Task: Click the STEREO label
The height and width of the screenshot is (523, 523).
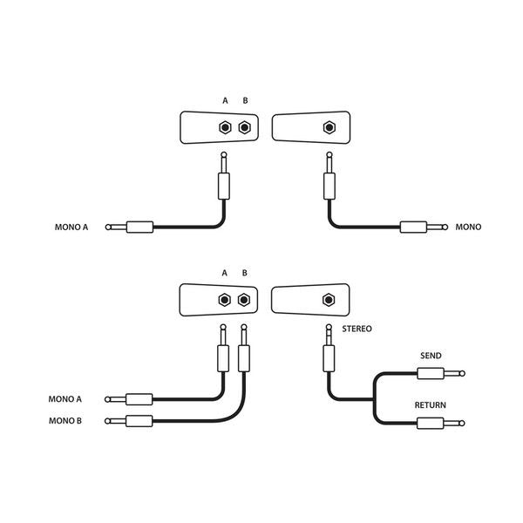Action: [x=357, y=329]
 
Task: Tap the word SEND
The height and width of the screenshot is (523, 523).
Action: [x=431, y=357]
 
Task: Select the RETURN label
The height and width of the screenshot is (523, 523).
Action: [x=431, y=405]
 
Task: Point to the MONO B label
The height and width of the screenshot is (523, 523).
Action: [x=66, y=422]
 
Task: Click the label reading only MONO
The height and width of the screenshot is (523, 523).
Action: [x=468, y=228]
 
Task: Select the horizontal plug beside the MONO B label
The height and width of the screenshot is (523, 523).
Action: [x=134, y=422]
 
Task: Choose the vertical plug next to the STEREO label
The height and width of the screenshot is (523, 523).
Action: [x=329, y=353]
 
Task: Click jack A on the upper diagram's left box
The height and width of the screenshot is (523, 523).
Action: [x=225, y=127]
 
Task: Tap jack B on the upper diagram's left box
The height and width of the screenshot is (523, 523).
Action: [x=245, y=127]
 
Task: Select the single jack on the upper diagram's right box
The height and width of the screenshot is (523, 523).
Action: [x=329, y=127]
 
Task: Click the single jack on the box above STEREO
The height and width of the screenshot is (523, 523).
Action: [x=329, y=300]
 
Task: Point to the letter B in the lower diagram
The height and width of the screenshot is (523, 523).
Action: [x=245, y=273]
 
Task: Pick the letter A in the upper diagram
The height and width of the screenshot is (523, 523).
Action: [x=225, y=101]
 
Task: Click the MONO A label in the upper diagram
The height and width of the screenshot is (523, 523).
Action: [x=71, y=228]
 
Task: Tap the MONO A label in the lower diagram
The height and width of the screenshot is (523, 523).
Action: [x=66, y=399]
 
